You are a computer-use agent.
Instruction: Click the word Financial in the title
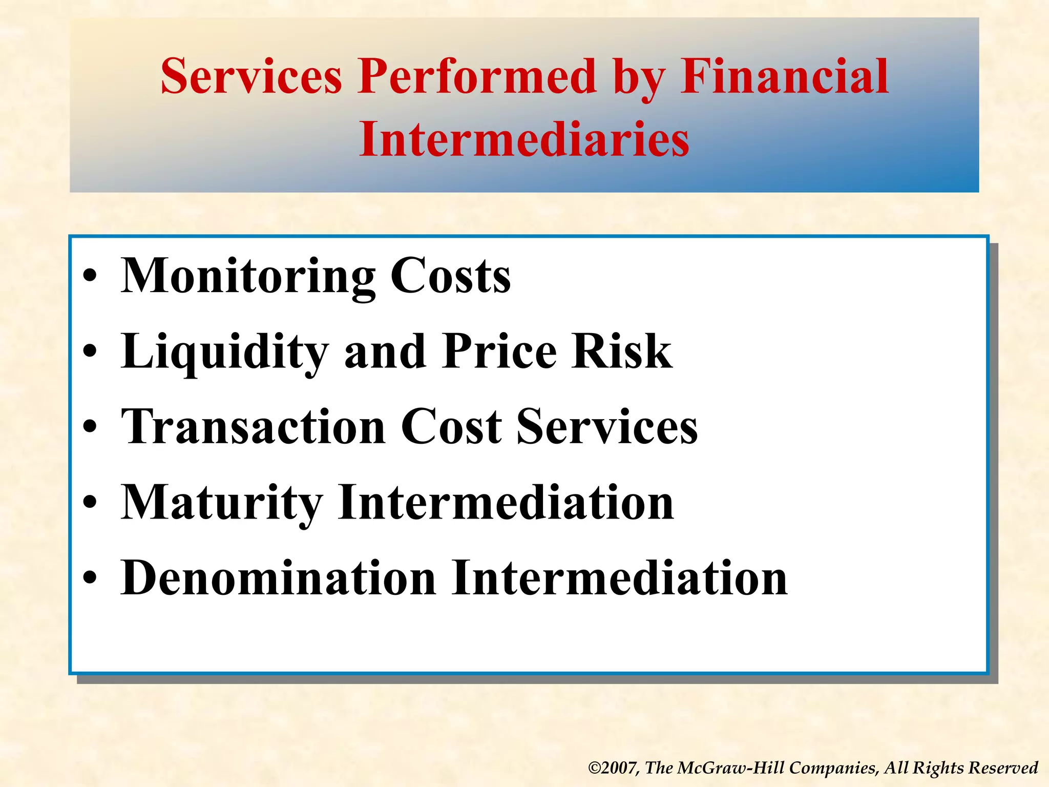point(784,77)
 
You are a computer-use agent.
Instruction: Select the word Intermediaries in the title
point(524,139)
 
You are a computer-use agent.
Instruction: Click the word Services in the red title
point(251,77)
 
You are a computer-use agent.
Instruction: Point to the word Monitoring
point(248,277)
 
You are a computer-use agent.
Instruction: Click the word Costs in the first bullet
point(450,277)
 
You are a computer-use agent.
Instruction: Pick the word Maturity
point(222,503)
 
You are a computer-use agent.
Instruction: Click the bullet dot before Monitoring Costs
point(90,277)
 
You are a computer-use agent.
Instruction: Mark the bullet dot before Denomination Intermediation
point(90,578)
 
